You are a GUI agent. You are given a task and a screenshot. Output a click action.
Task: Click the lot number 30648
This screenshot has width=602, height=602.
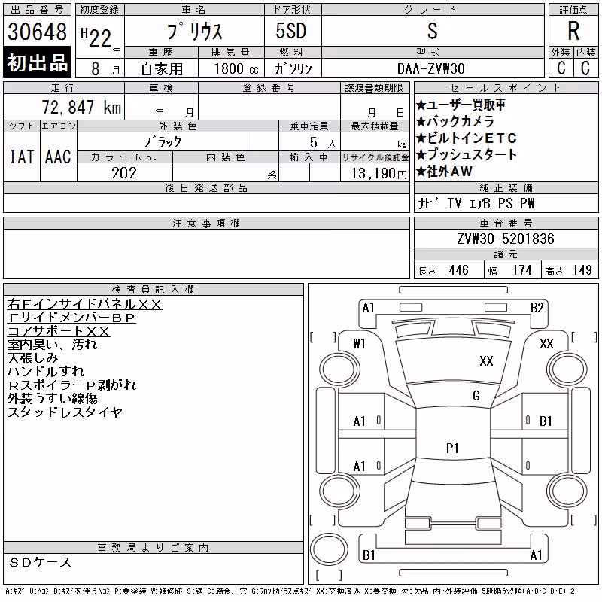click(x=37, y=32)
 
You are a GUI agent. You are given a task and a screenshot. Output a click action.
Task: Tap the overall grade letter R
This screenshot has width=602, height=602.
click(x=573, y=31)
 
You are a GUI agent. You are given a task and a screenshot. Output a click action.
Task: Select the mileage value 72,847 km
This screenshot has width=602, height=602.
click(x=81, y=107)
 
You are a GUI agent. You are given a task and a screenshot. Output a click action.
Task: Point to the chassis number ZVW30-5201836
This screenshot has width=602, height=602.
click(x=506, y=239)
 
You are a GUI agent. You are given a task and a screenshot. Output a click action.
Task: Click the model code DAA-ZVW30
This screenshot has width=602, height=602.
click(x=431, y=68)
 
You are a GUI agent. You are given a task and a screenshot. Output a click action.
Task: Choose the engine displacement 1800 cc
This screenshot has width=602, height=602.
click(x=236, y=68)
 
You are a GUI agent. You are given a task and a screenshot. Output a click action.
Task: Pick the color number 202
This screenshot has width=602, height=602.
click(x=124, y=173)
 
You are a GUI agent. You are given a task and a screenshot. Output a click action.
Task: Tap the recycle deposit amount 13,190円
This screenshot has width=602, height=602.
click(x=379, y=174)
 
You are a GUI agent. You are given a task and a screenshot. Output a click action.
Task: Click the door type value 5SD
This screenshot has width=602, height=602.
click(x=291, y=31)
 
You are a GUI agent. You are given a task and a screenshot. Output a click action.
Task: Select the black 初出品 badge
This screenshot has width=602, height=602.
click(x=37, y=62)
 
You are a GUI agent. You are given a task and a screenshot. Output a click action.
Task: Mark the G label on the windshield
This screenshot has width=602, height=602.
click(x=476, y=396)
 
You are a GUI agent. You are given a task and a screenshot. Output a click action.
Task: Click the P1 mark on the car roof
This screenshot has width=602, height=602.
click(x=453, y=448)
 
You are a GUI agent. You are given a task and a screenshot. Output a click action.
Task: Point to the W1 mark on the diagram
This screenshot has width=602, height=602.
click(x=359, y=344)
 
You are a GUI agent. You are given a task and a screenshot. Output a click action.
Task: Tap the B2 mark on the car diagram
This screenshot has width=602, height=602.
click(x=537, y=308)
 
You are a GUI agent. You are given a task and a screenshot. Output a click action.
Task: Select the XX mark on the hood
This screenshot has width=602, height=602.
click(x=486, y=361)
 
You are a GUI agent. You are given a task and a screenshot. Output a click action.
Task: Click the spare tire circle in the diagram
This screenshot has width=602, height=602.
click(x=329, y=549)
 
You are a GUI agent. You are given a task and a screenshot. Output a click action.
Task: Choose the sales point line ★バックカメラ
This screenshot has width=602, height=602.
click(x=455, y=121)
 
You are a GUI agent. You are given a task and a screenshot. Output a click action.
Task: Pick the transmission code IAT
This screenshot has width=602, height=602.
click(x=22, y=157)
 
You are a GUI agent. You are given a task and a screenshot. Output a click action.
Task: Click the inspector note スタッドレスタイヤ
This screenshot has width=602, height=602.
click(x=65, y=412)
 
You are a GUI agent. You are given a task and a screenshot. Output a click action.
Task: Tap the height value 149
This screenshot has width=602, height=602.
click(x=582, y=270)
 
